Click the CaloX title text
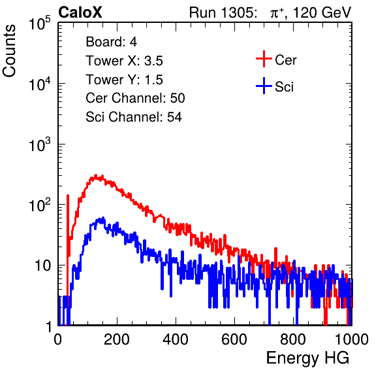click(x=80, y=12)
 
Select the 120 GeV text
click(x=322, y=12)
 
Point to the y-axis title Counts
click(x=9, y=51)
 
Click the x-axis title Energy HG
click(x=307, y=358)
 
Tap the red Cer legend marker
click(x=264, y=59)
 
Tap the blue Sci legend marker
click(x=264, y=86)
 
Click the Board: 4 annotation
click(x=111, y=42)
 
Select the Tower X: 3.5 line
click(x=124, y=61)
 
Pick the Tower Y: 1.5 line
click(x=124, y=80)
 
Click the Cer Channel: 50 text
click(x=135, y=98)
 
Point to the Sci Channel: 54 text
click(x=134, y=117)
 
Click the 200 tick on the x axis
click(x=117, y=339)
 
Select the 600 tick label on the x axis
click(x=234, y=339)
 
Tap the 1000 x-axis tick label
click(x=352, y=339)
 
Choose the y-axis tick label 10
click(x=43, y=265)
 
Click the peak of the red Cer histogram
click(x=96, y=175)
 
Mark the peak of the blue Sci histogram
click(x=103, y=218)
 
